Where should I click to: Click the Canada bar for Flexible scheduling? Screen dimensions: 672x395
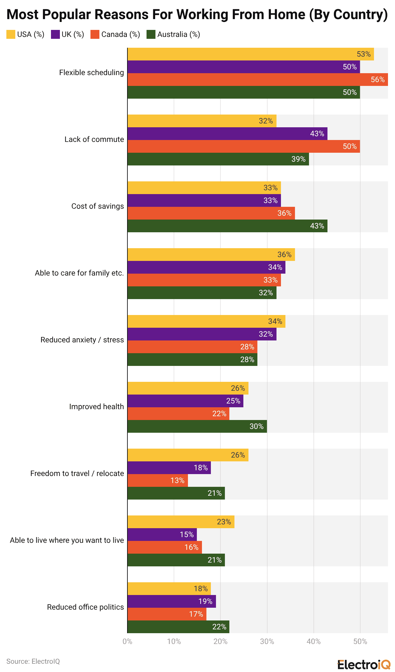[257, 80]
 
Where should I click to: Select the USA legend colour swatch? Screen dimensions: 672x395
[11, 34]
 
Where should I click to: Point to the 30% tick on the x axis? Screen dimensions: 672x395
[267, 641]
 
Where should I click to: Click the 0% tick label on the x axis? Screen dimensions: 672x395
[127, 641]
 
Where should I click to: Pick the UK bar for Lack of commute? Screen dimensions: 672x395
[227, 134]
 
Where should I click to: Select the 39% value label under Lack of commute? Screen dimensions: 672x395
[298, 159]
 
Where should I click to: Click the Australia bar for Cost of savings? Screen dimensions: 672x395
[227, 226]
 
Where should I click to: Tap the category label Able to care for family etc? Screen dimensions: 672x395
[79, 273]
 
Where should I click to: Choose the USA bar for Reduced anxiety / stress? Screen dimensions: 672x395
[206, 321]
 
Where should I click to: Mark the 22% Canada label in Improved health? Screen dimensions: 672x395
[219, 414]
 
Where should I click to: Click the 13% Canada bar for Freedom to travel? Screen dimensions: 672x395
[157, 480]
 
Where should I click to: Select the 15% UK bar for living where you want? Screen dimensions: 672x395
[162, 535]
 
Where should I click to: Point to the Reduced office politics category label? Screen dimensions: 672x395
[85, 607]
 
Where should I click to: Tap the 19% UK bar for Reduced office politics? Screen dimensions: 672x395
[171, 601]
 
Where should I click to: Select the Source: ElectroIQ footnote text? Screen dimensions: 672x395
[33, 661]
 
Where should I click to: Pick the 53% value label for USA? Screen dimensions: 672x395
[363, 54]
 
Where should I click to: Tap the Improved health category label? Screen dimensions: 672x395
[97, 407]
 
